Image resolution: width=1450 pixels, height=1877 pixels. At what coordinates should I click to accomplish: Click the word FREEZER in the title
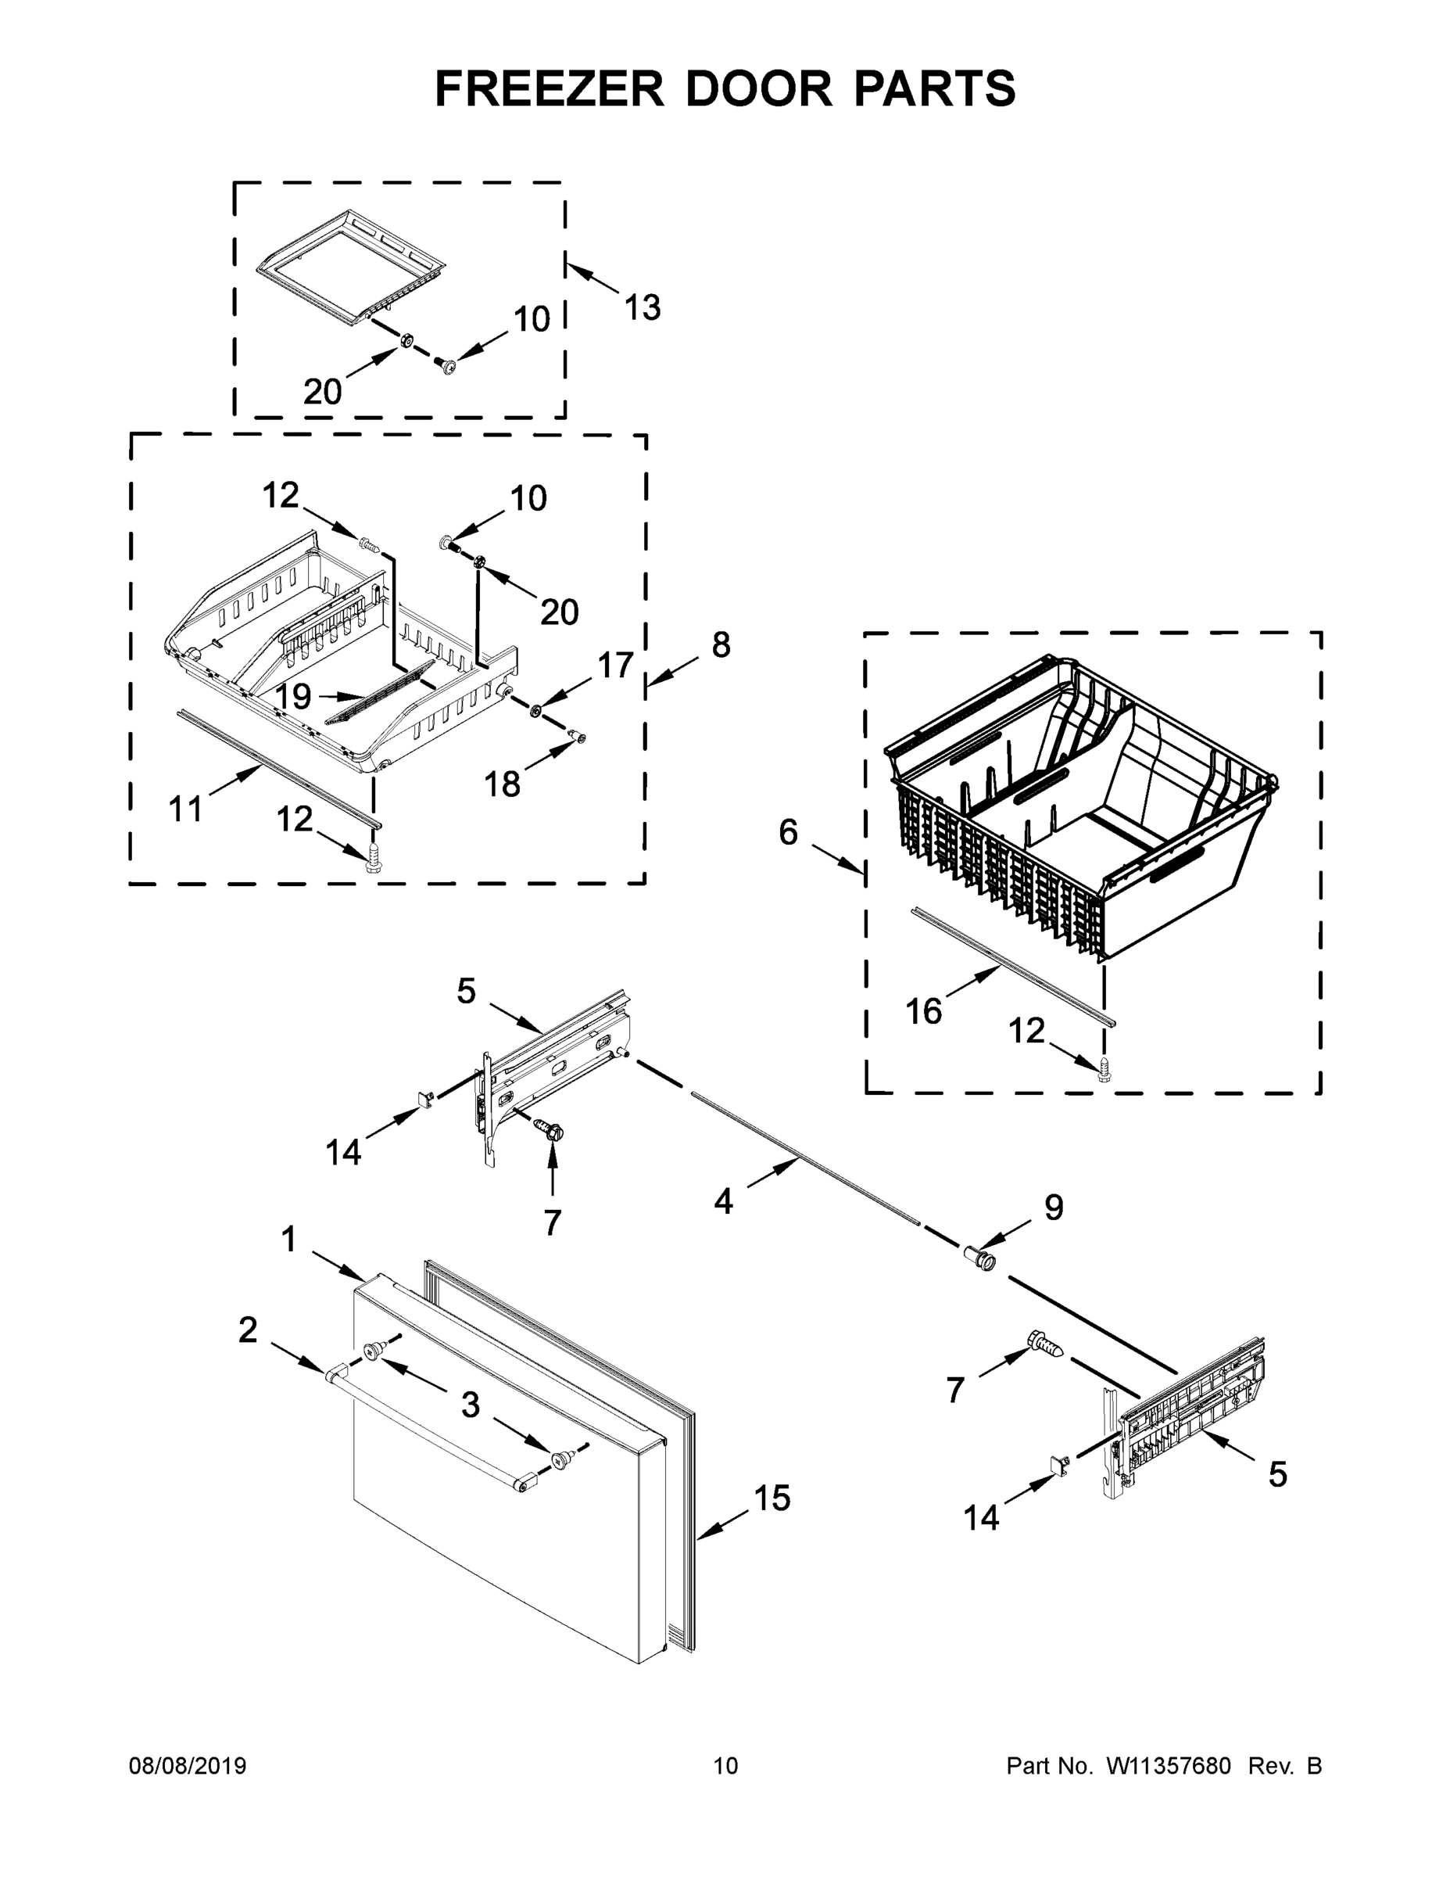tap(549, 88)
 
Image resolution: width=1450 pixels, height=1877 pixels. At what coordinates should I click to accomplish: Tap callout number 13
tap(642, 307)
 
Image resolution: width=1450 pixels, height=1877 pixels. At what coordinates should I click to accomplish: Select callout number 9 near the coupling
tap(1054, 1208)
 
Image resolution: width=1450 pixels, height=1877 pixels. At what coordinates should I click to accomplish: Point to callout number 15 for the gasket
tap(772, 1498)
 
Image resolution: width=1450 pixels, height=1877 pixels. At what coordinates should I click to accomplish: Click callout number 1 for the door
tap(288, 1240)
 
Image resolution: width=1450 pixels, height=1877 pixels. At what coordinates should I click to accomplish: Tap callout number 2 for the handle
tap(247, 1330)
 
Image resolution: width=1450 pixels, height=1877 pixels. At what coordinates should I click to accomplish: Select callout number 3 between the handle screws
tap(470, 1405)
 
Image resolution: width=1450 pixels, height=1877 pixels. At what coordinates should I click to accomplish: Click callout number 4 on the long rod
tap(723, 1201)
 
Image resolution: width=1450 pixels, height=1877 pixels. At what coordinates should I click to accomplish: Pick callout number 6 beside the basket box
tap(788, 832)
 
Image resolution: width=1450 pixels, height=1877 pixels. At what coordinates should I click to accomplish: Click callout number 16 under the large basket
tap(923, 1011)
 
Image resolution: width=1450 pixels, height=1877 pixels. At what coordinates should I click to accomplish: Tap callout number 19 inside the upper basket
tap(293, 697)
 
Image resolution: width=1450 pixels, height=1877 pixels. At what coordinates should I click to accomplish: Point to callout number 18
tap(503, 783)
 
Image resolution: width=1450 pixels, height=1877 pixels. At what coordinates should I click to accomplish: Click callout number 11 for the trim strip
tap(185, 809)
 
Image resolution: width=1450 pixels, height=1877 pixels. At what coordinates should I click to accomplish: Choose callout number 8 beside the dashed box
tap(721, 644)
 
